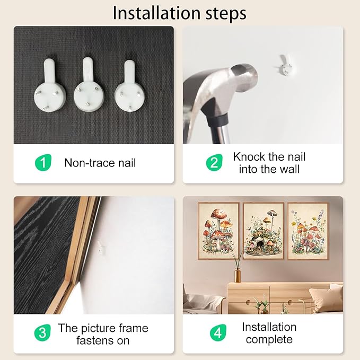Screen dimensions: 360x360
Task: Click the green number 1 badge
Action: point(43,163)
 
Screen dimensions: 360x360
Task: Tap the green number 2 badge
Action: point(214,163)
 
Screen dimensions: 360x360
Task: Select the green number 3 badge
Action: point(42,332)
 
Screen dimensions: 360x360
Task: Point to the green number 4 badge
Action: point(218,332)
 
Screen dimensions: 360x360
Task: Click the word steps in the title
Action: point(226,14)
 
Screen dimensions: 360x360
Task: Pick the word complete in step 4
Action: point(269,340)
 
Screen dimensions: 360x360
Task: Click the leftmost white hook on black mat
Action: point(50,86)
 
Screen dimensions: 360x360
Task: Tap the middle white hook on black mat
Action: point(89,85)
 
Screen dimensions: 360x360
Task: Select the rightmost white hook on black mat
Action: point(130,87)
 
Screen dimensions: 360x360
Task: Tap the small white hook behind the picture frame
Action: point(101,248)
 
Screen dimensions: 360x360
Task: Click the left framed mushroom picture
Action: point(218,231)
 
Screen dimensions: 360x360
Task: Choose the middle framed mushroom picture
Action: point(264,231)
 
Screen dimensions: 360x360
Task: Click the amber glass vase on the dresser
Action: point(238,276)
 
